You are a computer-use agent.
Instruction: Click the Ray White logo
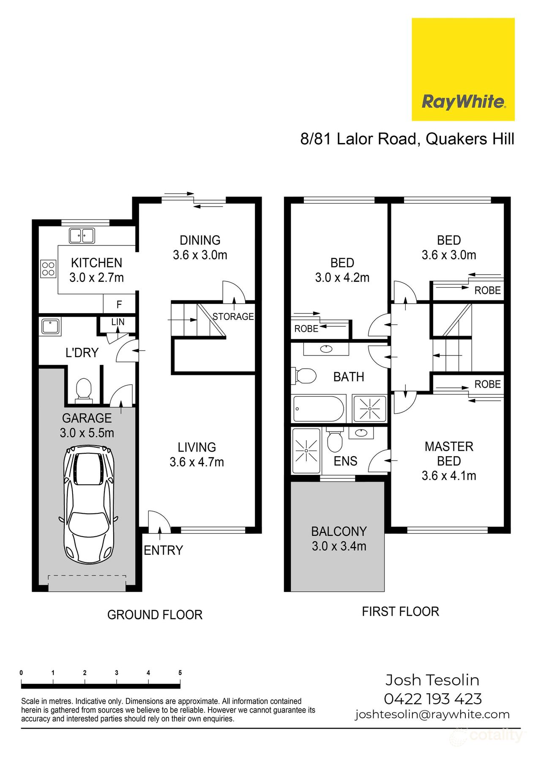463,69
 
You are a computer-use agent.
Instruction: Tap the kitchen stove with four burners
48,268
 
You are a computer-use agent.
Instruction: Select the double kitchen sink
82,235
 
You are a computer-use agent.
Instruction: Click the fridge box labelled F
119,304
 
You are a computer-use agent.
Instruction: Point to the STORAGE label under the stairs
233,317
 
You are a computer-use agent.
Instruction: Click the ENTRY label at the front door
163,550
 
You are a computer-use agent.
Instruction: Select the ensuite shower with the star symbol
306,451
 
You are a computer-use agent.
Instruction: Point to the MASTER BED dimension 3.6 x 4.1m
448,476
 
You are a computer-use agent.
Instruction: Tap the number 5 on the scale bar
180,672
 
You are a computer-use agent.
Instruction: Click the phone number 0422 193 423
432,698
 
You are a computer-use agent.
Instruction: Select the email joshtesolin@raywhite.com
432,714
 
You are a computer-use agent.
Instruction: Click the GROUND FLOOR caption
155,614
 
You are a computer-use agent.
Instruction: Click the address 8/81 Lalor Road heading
407,139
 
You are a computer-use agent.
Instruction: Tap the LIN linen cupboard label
118,322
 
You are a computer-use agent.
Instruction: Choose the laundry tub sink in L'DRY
51,327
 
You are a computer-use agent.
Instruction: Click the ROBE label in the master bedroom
487,384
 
